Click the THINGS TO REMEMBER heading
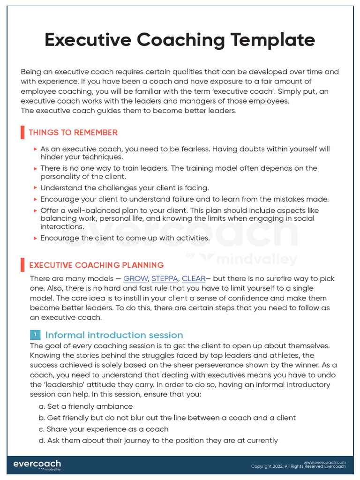point(73,133)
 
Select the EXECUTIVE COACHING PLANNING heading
point(96,265)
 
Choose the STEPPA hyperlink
point(165,278)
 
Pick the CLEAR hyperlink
point(194,278)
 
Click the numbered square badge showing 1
point(35,335)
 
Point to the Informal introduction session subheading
point(114,335)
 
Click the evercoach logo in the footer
point(37,465)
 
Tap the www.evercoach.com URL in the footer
point(324,462)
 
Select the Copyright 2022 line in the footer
point(298,466)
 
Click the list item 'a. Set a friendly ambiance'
point(86,406)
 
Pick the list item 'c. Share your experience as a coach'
point(104,429)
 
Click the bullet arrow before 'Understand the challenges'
point(36,188)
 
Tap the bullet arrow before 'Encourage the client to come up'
point(36,238)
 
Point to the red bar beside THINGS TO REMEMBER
point(22,133)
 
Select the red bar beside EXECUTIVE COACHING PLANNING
point(22,265)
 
